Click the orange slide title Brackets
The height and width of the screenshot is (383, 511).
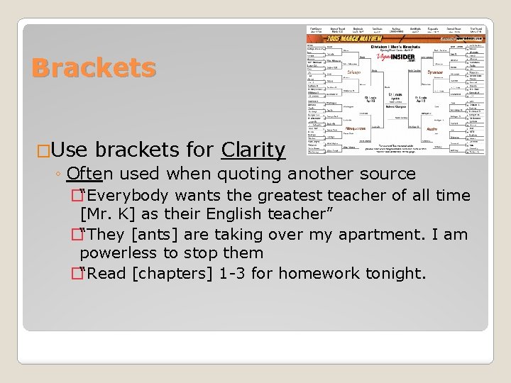pyautogui.click(x=94, y=68)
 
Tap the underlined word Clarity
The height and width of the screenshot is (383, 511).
pyautogui.click(x=253, y=150)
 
